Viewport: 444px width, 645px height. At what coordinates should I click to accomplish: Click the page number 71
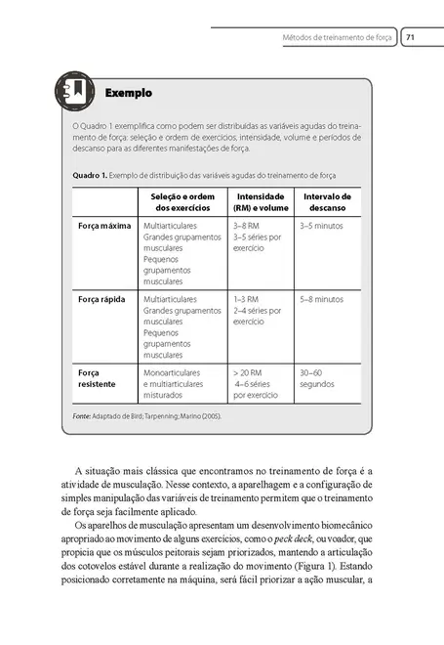coord(411,38)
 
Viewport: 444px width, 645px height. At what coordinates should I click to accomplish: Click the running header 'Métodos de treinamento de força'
coord(338,38)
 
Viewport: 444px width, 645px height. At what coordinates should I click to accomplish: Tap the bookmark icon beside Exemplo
coord(75,92)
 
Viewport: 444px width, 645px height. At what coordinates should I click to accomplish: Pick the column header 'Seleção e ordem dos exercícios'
coord(183,202)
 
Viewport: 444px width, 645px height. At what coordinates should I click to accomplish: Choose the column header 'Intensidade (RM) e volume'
coord(261,202)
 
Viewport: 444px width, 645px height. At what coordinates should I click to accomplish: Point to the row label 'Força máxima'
coord(104,226)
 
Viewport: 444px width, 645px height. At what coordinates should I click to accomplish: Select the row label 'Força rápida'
coord(101,299)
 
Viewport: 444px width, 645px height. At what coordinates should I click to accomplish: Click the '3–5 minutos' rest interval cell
coord(321,226)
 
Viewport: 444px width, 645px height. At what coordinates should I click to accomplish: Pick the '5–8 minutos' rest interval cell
coord(321,299)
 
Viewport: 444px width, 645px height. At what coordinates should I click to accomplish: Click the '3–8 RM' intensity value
coord(246,226)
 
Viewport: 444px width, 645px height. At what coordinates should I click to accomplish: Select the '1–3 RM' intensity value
coord(246,299)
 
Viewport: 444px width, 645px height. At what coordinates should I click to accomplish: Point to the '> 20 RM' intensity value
coord(249,372)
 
